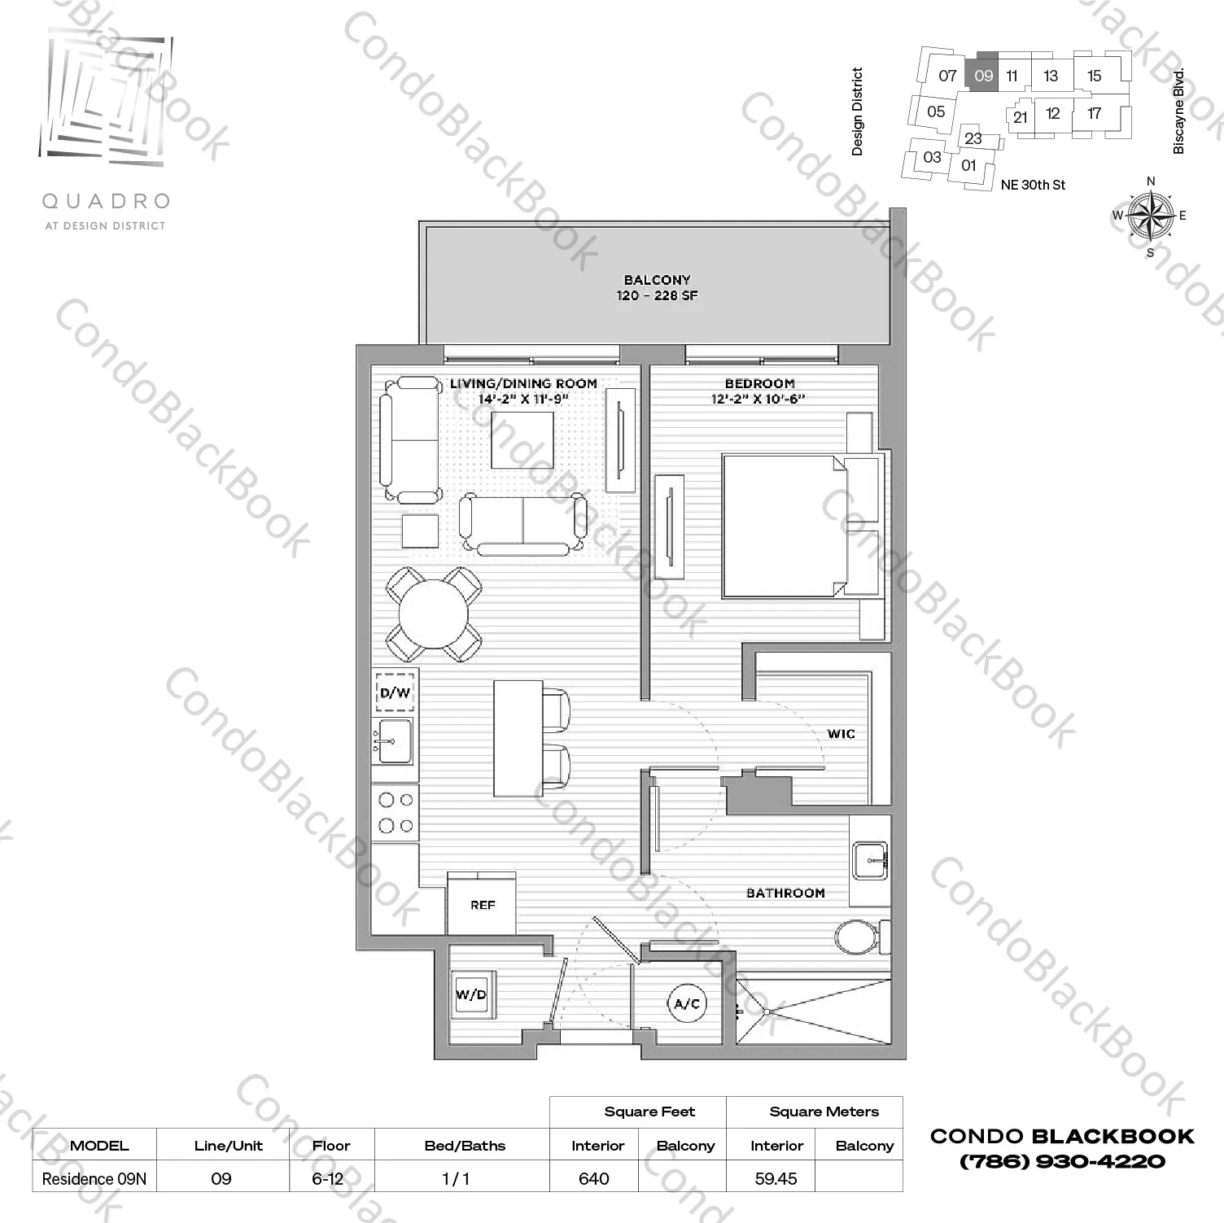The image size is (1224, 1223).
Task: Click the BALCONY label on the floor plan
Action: (657, 280)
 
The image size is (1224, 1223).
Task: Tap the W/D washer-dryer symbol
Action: (471, 994)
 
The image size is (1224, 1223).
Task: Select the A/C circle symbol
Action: (687, 1003)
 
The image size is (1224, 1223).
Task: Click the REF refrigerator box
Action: (482, 904)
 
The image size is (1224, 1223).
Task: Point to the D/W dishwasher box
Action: (395, 692)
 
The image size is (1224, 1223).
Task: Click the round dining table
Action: (433, 614)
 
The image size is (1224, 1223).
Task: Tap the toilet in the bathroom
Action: (858, 937)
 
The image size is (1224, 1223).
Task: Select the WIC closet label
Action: (841, 734)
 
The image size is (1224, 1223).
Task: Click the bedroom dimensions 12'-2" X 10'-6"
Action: (758, 399)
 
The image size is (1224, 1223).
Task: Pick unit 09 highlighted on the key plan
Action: (983, 76)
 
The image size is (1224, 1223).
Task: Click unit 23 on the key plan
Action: (973, 138)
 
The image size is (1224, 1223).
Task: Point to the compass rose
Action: (1150, 216)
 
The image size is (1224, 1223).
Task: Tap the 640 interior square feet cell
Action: (594, 1178)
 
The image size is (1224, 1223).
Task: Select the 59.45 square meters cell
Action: (776, 1178)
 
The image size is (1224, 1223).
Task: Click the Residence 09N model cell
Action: (94, 1178)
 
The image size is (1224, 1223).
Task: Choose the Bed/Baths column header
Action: (465, 1146)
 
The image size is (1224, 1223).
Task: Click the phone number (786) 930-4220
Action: (1062, 1161)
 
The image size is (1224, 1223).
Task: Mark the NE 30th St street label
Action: (1033, 185)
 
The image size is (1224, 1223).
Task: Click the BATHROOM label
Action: (785, 893)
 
